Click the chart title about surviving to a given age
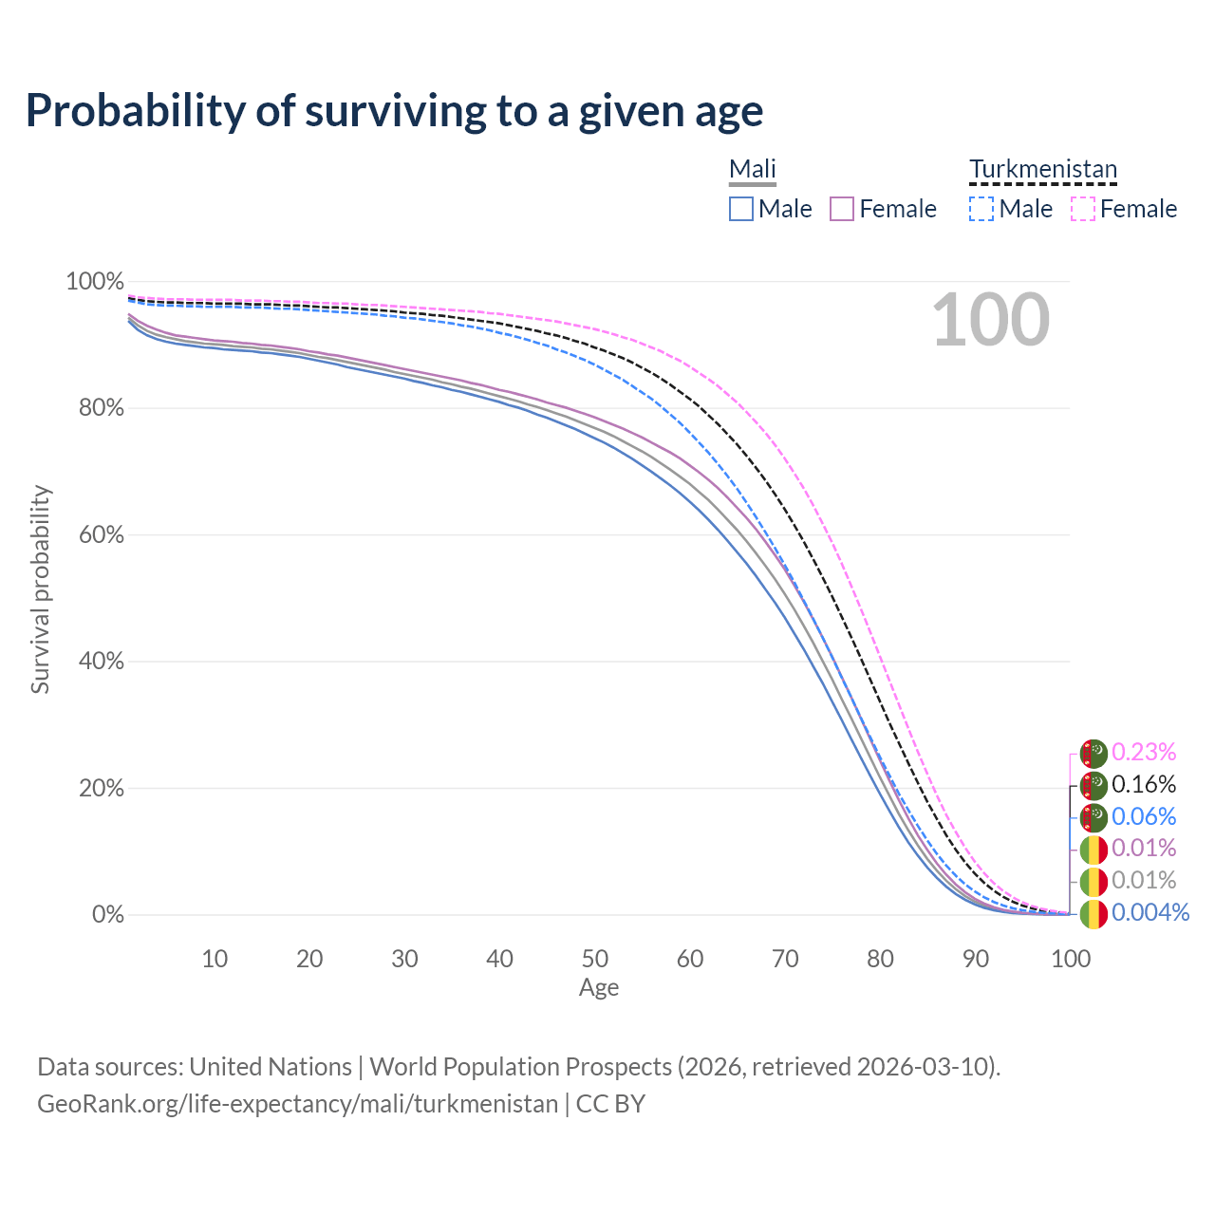click(394, 111)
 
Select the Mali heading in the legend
click(753, 170)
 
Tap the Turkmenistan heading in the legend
click(1043, 170)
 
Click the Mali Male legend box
click(741, 209)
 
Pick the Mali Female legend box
click(842, 209)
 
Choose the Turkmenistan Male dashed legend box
click(981, 209)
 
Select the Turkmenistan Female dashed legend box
click(1083, 209)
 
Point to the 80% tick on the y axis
click(94, 408)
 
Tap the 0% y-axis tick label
click(107, 915)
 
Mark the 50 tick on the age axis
click(595, 959)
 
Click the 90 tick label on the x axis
click(976, 959)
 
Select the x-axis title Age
click(599, 988)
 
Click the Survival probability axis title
click(40, 589)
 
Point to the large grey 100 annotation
click(990, 320)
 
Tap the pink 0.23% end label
click(1144, 753)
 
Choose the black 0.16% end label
click(1144, 785)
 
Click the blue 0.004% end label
click(1150, 913)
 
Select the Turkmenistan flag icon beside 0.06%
click(1093, 816)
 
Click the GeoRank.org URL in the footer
click(297, 1105)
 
